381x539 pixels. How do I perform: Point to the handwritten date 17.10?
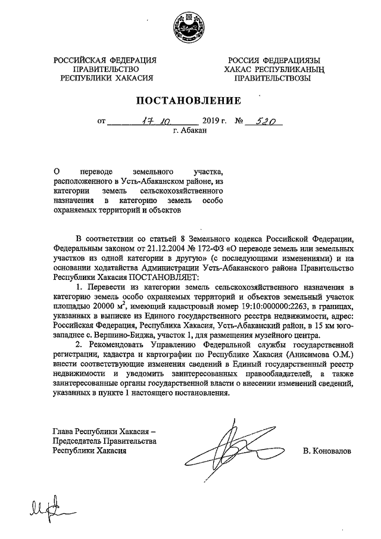(x=152, y=121)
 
